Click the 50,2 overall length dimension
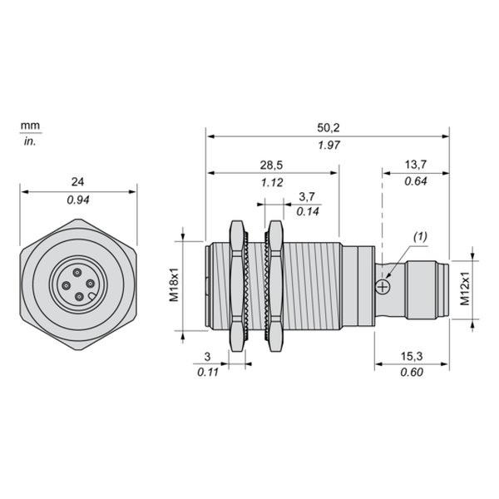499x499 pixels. point(329,128)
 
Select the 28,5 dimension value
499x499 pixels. point(271,166)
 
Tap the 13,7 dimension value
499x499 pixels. point(416,165)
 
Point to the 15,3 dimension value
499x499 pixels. point(412,357)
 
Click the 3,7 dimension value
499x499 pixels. point(307,196)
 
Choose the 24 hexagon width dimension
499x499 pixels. point(77,181)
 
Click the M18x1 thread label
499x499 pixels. point(174,284)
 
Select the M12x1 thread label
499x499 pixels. point(465,289)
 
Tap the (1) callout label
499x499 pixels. point(420,237)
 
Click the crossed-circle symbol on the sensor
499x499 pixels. point(383,287)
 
